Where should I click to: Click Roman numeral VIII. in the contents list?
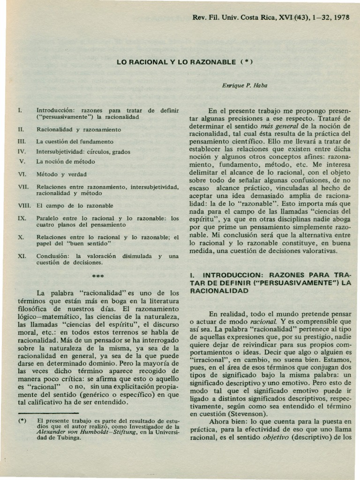[x=23, y=205]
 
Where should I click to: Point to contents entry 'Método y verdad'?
[x=61, y=174]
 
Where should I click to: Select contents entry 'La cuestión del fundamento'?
[x=75, y=141]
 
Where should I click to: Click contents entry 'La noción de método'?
[x=66, y=161]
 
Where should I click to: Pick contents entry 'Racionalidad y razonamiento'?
[x=79, y=129]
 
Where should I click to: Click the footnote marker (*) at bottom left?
[x=21, y=420]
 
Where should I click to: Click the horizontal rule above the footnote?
[x=47, y=413]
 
